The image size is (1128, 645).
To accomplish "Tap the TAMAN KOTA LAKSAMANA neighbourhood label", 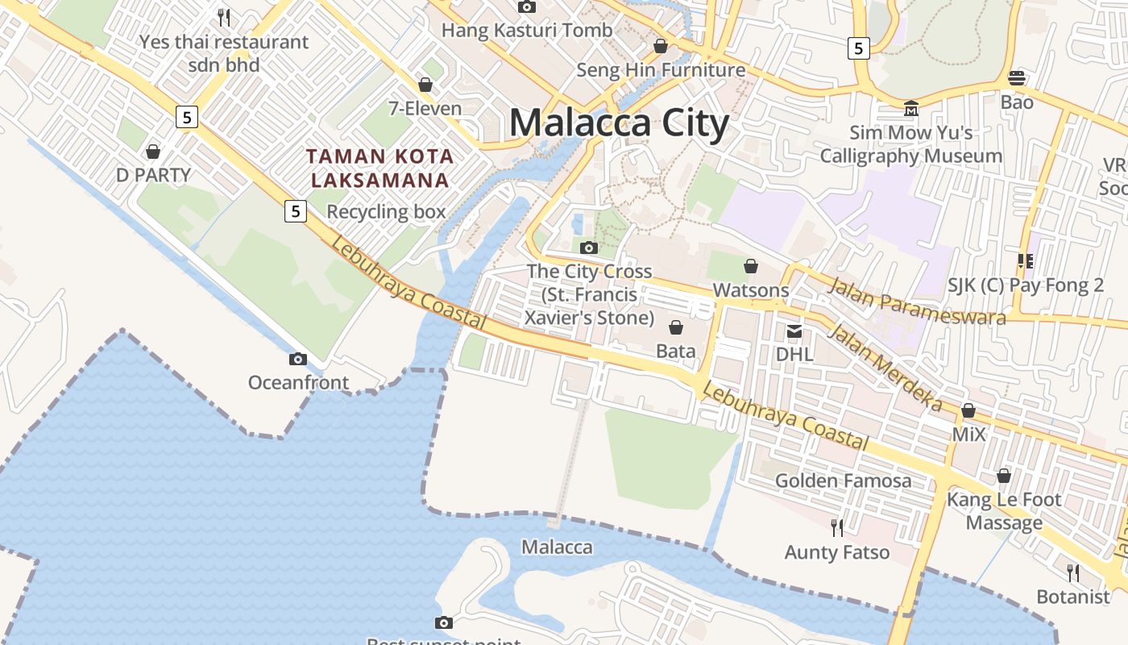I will point(379,168).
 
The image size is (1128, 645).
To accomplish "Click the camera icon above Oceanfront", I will point(298,360).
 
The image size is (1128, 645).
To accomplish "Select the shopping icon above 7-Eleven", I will point(425,85).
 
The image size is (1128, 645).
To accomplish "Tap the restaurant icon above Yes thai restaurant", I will point(224,16).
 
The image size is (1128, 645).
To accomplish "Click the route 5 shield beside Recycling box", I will point(296,211).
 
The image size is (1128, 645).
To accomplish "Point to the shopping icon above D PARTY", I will point(152,152).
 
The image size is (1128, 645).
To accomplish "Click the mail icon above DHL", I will point(794,331).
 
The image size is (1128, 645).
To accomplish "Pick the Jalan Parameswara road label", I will point(917,301).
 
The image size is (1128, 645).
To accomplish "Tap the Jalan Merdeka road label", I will point(885,366).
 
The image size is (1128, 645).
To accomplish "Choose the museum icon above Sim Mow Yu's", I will point(911,108).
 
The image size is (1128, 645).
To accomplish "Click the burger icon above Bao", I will point(1017,78).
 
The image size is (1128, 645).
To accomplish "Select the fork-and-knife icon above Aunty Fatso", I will point(837,527).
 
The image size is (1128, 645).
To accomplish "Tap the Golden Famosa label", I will point(843,481).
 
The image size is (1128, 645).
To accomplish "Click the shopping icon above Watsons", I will point(751,266).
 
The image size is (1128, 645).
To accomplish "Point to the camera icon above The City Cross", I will point(589,248).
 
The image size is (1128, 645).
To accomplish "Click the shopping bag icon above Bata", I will point(676,327).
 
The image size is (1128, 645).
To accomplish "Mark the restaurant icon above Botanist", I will point(1073,572).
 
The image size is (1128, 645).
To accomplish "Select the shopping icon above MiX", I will point(968,411).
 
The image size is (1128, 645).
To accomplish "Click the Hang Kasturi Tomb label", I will point(527,31).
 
